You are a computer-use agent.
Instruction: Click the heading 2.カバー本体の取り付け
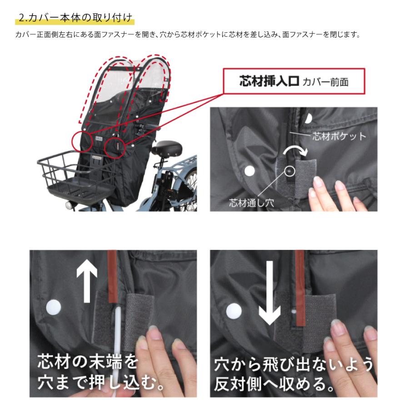coord(75,19)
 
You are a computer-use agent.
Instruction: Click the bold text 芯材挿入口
coord(269,81)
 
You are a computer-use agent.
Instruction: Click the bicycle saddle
coord(167,149)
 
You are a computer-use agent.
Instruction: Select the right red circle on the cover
coord(115,146)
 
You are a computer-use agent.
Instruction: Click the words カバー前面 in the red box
coord(326,82)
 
